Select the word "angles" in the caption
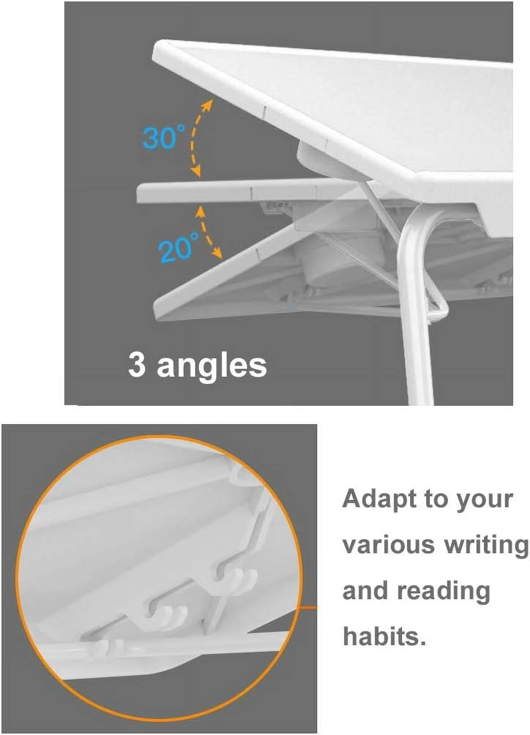pyautogui.click(x=212, y=366)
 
